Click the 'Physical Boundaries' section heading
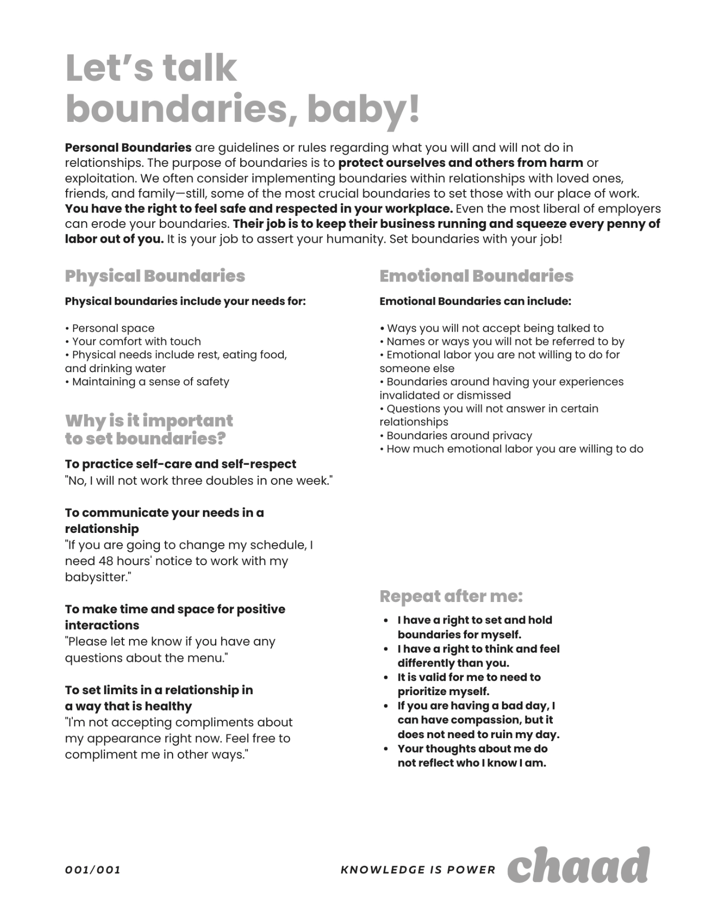pyautogui.click(x=155, y=276)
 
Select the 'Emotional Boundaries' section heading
pyautogui.click(x=476, y=276)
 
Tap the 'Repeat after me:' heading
pyautogui.click(x=451, y=596)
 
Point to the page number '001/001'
pyautogui.click(x=93, y=870)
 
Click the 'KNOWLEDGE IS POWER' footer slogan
pyautogui.click(x=418, y=870)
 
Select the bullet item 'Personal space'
pyautogui.click(x=113, y=328)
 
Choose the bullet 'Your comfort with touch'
pyautogui.click(x=136, y=341)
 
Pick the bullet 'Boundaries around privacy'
pyautogui.click(x=459, y=436)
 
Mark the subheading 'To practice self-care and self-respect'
pyautogui.click(x=180, y=464)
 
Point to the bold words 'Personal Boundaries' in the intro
pyautogui.click(x=128, y=148)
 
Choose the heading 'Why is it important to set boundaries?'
pyautogui.click(x=149, y=429)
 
